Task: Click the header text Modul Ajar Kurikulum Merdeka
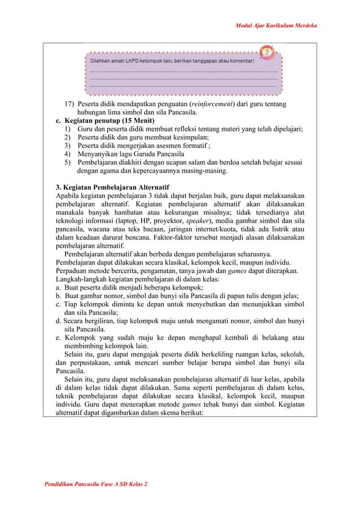pyautogui.click(x=285, y=26)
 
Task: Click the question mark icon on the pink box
pyautogui.click(x=267, y=53)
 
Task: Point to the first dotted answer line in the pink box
pyautogui.click(x=183, y=72)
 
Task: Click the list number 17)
pyautogui.click(x=69, y=104)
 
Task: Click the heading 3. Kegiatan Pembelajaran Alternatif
pyautogui.click(x=112, y=187)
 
